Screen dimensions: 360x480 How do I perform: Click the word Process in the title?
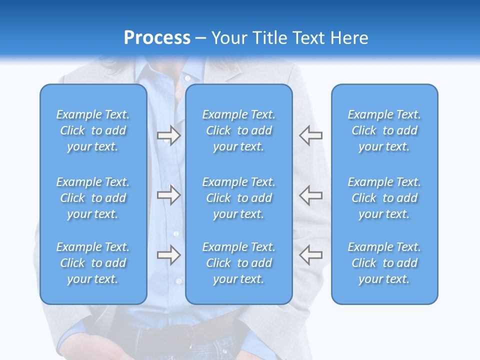coord(157,38)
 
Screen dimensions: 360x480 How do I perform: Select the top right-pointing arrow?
coord(168,135)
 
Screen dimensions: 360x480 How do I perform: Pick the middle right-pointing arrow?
coord(168,195)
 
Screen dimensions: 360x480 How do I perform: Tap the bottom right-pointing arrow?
coord(168,255)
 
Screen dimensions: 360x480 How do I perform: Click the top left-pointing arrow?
coord(310,135)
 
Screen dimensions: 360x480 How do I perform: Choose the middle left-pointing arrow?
coord(310,195)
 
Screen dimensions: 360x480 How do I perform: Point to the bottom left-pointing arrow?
coord(310,255)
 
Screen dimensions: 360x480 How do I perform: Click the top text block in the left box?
coord(93,130)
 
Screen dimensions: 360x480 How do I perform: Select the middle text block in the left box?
coord(93,198)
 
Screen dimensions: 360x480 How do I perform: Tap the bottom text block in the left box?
coord(93,263)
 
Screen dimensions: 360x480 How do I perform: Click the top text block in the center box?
coord(239,130)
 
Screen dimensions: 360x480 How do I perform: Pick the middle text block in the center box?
coord(239,198)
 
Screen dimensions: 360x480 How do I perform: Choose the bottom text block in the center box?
coord(239,263)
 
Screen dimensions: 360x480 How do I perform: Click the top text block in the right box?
coord(384,130)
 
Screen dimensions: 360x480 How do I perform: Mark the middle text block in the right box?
coord(384,198)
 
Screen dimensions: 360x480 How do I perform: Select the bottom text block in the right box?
coord(384,263)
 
